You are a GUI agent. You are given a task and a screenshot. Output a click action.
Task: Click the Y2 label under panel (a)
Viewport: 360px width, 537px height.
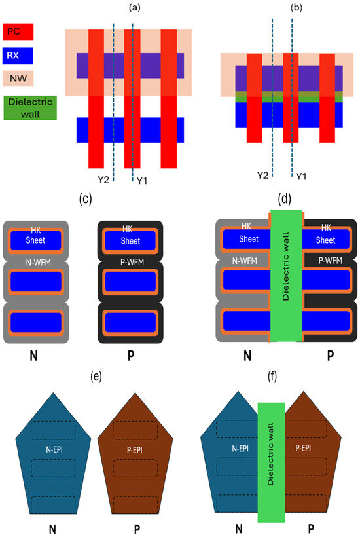pos(113,177)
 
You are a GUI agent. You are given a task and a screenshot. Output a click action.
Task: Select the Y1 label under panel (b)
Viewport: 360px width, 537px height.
pos(300,176)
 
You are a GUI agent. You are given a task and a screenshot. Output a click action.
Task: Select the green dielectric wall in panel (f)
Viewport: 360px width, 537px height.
pos(271,461)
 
